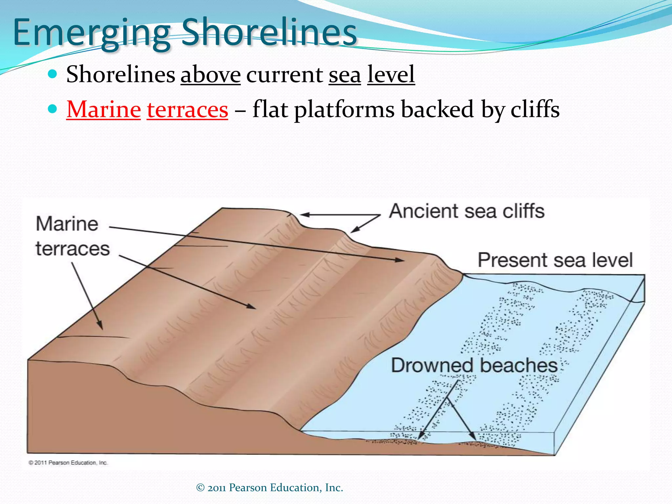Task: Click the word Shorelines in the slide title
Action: (269, 32)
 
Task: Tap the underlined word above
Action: (210, 74)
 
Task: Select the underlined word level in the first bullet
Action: (391, 74)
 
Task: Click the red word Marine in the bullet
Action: (104, 109)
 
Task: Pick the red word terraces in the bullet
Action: (187, 109)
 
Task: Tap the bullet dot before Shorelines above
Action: (52, 73)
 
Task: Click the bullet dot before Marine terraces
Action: (52, 109)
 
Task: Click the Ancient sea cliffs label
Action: (467, 211)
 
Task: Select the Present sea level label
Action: (555, 260)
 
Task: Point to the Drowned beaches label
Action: (474, 365)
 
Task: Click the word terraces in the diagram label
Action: (73, 249)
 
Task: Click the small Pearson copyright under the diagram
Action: (68, 463)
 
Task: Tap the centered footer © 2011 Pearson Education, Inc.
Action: (269, 488)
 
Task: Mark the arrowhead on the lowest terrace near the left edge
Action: (100, 326)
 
